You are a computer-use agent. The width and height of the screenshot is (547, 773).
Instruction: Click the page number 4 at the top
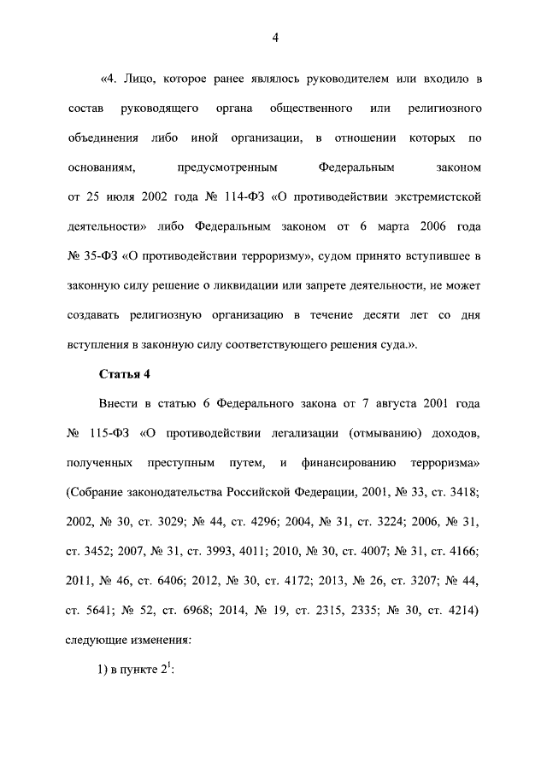[274, 37]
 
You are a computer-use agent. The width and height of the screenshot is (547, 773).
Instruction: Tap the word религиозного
[440, 109]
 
